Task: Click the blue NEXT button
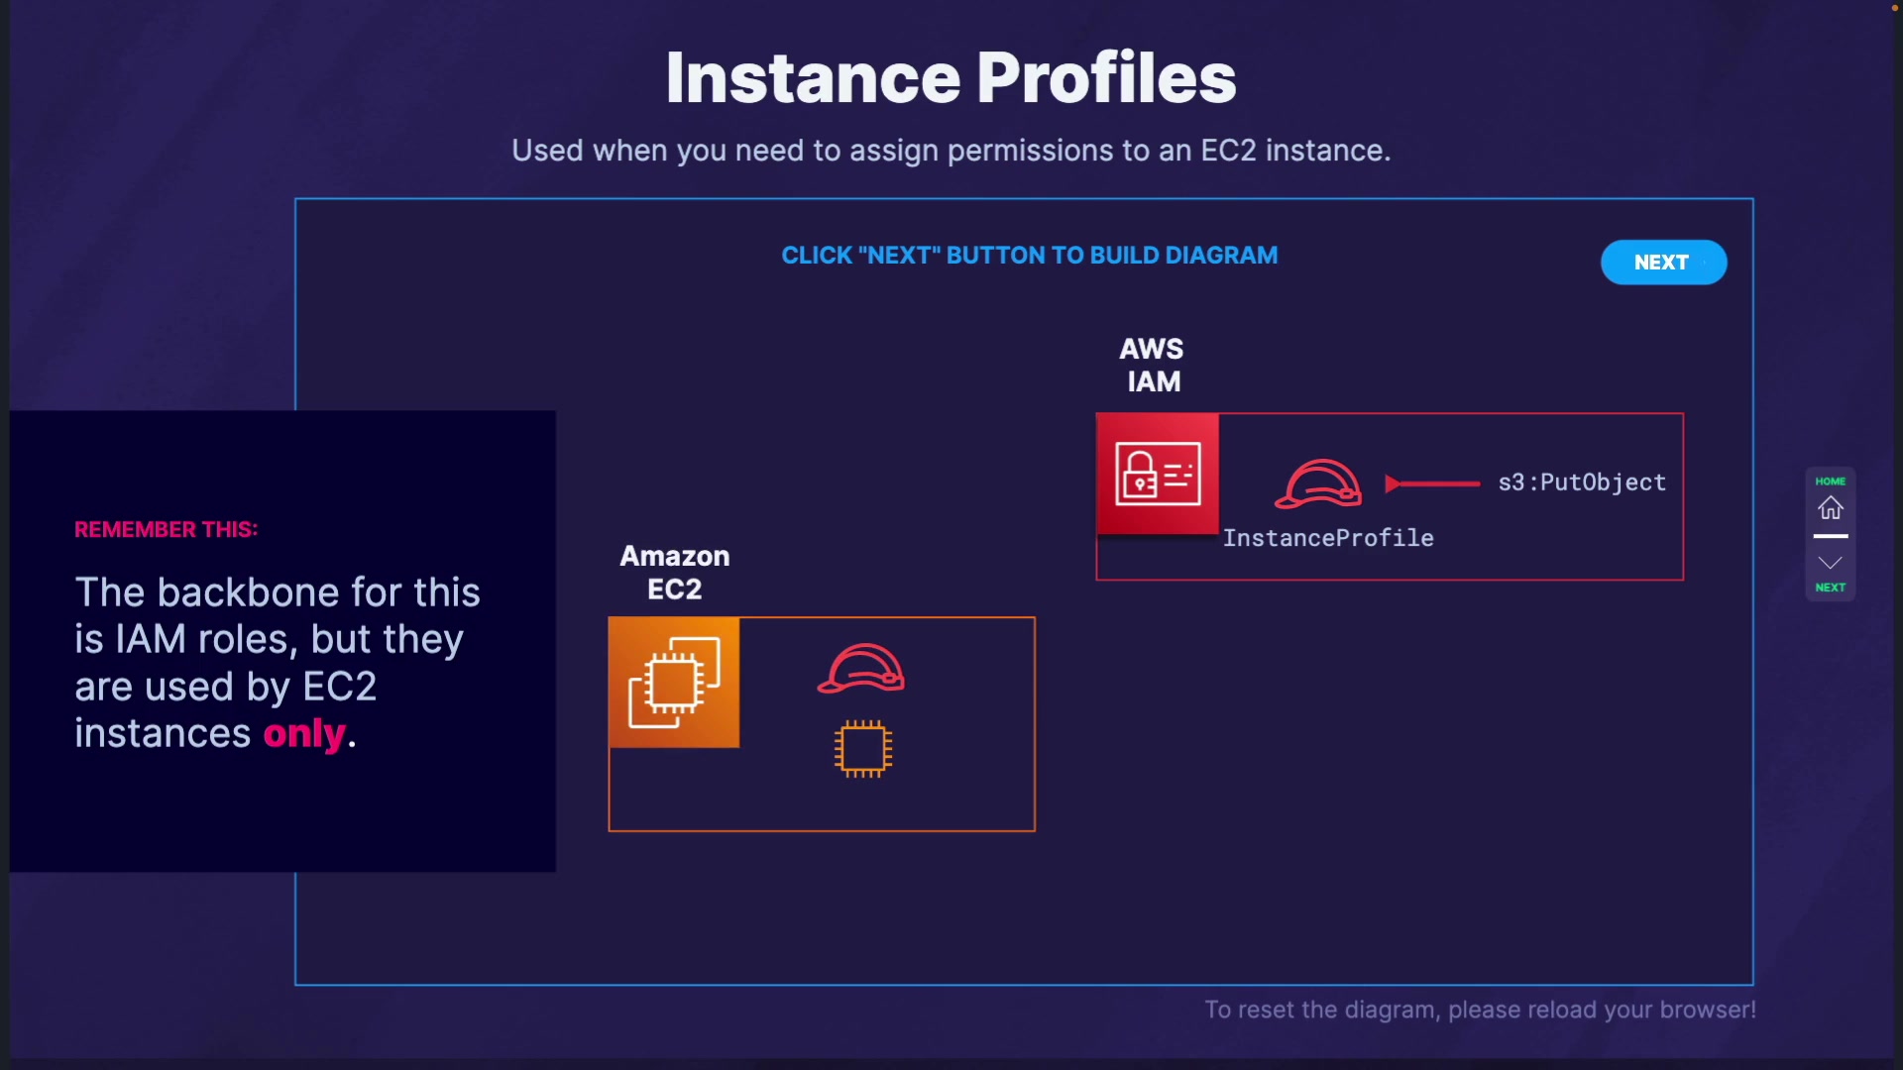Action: (1663, 263)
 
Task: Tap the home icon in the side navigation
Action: (1830, 508)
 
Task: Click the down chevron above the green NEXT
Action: (1830, 563)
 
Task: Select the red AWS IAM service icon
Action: (1158, 474)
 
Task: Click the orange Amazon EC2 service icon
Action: (674, 682)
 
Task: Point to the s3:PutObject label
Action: (1582, 482)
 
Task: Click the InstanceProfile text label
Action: (1328, 538)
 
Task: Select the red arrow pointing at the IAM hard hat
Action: (1432, 483)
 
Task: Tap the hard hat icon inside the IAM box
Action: (1318, 483)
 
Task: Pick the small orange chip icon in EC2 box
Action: (862, 749)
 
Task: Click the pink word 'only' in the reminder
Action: (304, 734)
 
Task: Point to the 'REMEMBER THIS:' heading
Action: (167, 530)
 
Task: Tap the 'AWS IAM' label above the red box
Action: (1152, 365)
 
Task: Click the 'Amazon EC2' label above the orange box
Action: (675, 573)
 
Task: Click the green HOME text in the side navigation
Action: (1830, 481)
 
